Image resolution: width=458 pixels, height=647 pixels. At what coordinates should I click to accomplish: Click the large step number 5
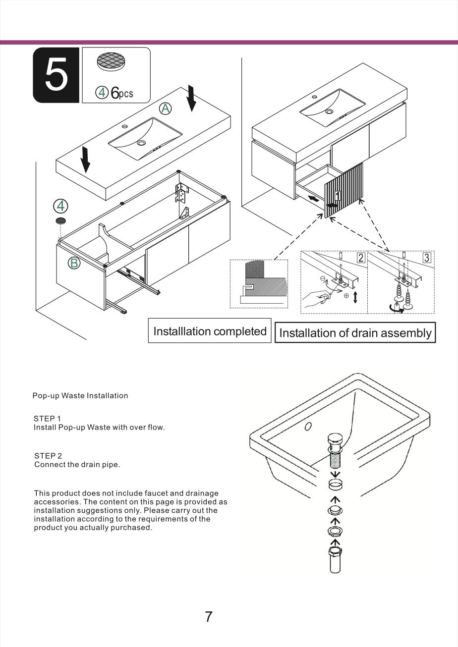pos(57,74)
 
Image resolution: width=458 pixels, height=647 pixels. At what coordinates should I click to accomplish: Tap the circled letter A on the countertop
pos(165,108)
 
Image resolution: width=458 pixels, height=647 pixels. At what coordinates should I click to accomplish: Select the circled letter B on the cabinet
pos(74,263)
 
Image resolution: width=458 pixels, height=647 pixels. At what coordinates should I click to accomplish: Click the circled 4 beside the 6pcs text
pos(102,93)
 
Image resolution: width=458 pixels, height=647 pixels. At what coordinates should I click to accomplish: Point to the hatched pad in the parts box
pos(111,61)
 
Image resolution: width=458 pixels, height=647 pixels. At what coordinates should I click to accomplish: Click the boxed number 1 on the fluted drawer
pos(338,196)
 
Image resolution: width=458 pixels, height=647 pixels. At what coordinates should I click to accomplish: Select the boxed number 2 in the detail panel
pos(361,257)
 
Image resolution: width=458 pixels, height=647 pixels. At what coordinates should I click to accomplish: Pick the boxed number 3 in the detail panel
pos(427,257)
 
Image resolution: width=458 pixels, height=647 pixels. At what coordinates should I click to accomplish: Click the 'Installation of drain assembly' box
pos(355,332)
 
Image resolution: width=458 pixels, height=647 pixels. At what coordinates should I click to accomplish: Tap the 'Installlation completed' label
pos(210,331)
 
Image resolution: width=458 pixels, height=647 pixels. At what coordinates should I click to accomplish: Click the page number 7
pos(209,616)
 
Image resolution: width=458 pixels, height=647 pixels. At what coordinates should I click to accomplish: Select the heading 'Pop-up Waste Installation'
pos(80,395)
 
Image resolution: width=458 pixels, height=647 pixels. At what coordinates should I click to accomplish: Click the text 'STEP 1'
pos(47,419)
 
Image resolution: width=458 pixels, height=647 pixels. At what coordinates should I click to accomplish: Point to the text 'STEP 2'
pos(48,456)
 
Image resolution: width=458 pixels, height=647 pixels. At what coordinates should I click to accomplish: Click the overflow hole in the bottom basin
pos(308,426)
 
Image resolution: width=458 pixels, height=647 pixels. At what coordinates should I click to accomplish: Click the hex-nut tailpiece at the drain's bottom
pos(335,559)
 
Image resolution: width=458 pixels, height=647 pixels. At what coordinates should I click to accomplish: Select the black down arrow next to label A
pos(191,98)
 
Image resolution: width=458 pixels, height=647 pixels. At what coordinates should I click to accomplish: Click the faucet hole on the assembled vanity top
pos(315,97)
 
